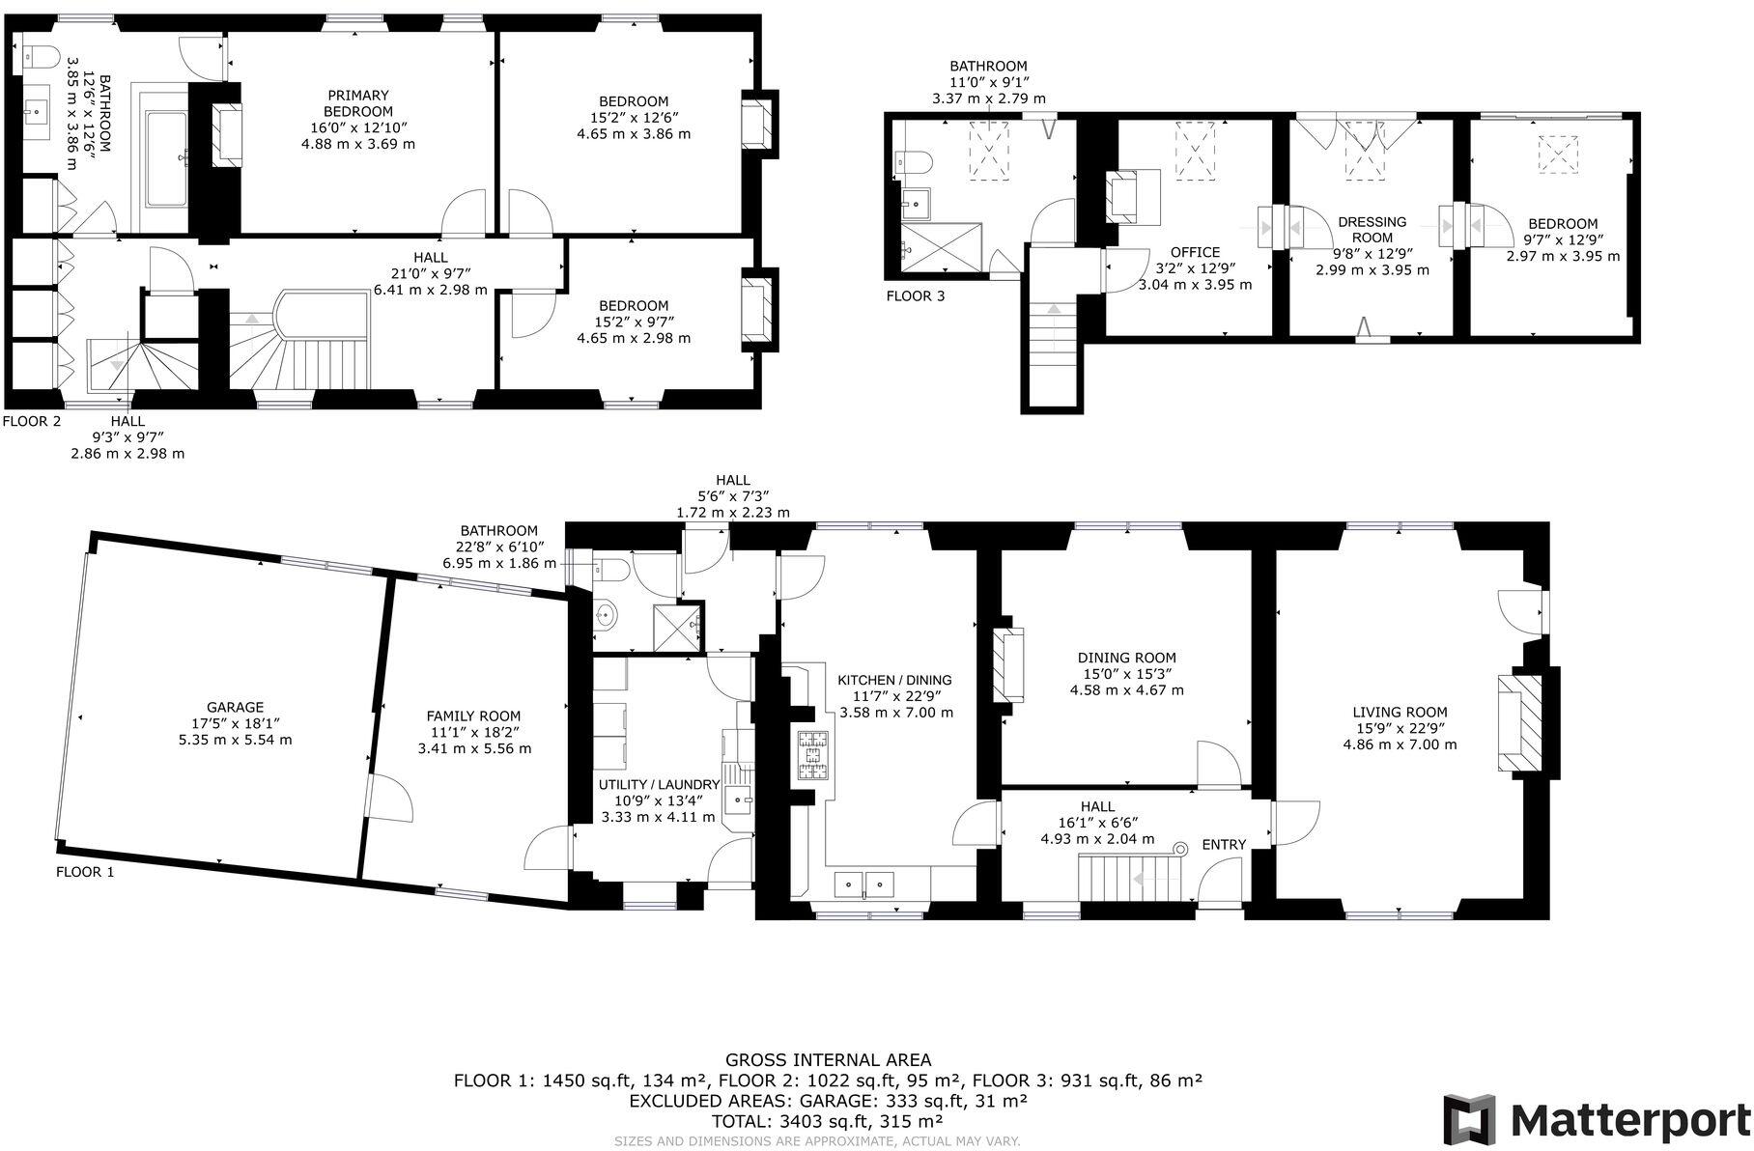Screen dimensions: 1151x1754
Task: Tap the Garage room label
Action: pyautogui.click(x=235, y=723)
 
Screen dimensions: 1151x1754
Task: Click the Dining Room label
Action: pyautogui.click(x=1126, y=673)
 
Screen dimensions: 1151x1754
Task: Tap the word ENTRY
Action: pyautogui.click(x=1224, y=845)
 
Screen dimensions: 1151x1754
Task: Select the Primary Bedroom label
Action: pyautogui.click(x=357, y=120)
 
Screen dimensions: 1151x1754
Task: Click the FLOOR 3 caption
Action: pyautogui.click(x=916, y=296)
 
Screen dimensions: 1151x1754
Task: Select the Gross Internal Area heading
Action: pyautogui.click(x=828, y=1060)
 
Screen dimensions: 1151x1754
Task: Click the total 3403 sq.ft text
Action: pyautogui.click(x=827, y=1121)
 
